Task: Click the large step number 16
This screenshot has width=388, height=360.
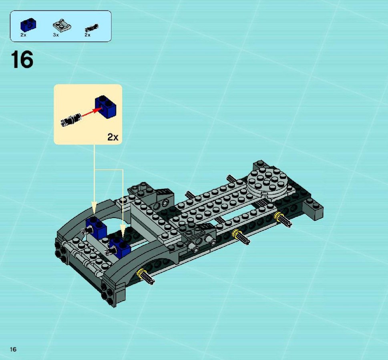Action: (x=22, y=59)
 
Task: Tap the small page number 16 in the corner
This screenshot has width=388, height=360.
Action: (x=13, y=349)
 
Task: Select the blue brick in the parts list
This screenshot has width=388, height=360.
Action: (x=28, y=25)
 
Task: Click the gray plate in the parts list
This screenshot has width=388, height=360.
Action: (x=62, y=25)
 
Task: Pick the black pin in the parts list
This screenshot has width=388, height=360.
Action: (x=92, y=28)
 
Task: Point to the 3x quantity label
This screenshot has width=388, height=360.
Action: (x=56, y=35)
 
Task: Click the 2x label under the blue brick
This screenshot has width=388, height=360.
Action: (x=23, y=35)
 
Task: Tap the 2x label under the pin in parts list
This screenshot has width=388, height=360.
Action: (x=87, y=35)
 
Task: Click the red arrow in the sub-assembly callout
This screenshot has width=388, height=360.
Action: (x=90, y=112)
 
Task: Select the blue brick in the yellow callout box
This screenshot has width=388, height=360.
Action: (x=105, y=106)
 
